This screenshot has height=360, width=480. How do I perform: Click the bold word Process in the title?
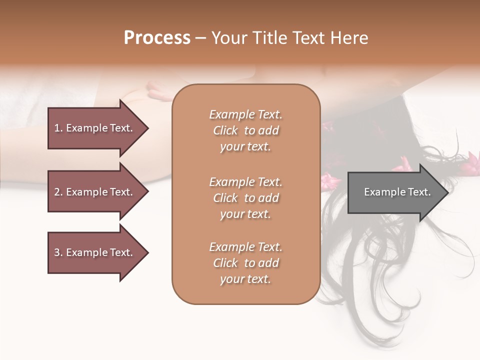[157, 38]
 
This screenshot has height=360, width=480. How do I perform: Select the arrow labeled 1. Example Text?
[95, 128]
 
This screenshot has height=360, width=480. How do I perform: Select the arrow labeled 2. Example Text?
[95, 192]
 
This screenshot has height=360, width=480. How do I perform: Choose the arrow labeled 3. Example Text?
[95, 252]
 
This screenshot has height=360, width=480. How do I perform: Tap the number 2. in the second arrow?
[58, 192]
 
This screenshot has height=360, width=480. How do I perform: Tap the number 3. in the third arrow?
[58, 252]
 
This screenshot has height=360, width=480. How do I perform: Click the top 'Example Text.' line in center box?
[245, 114]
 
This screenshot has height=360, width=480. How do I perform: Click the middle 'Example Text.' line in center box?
[245, 181]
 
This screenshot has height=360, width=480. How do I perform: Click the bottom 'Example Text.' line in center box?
[245, 247]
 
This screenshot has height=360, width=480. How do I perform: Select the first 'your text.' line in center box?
[245, 147]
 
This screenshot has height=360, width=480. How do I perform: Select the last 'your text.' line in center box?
[245, 279]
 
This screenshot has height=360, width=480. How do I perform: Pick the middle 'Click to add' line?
[245, 198]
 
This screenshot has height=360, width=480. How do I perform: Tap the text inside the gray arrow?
[397, 192]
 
